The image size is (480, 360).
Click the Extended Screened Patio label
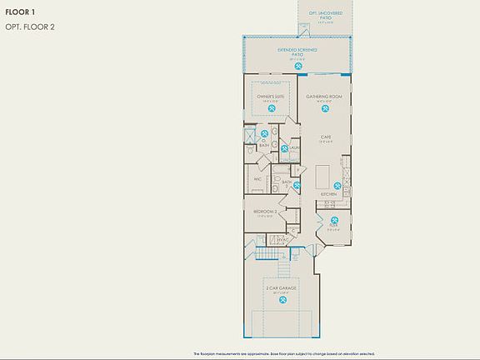tap(297, 52)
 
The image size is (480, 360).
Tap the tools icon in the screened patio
tap(298, 64)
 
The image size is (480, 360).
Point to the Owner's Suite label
tap(270, 97)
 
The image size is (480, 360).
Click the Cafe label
tap(327, 137)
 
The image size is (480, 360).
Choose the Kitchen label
tap(329, 194)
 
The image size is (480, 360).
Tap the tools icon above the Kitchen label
tap(337, 185)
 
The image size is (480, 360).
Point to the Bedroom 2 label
tap(266, 212)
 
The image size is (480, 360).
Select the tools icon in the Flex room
tap(333, 215)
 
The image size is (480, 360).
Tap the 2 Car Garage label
tap(282, 288)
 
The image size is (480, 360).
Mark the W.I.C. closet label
tap(257, 177)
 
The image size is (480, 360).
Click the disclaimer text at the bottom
tap(283, 354)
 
